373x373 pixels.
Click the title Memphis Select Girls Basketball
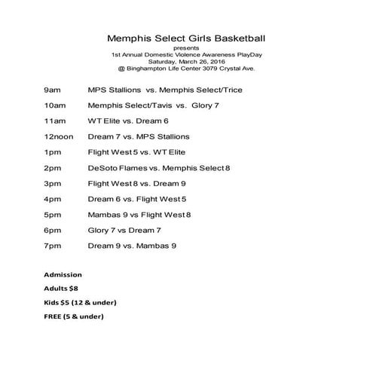click(x=185, y=37)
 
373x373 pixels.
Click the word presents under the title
click(x=186, y=47)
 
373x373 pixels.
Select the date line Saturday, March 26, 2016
click(x=186, y=62)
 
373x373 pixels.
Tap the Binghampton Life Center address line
click(x=186, y=69)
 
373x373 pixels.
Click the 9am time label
click(x=53, y=90)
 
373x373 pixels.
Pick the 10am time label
click(x=55, y=105)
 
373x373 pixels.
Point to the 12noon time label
click(x=60, y=136)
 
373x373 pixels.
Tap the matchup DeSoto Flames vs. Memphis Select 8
click(x=159, y=167)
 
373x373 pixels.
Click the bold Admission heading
click(x=63, y=274)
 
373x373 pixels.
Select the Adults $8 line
click(x=61, y=288)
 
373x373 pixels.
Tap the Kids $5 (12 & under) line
click(x=80, y=302)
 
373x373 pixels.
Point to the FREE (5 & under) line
click(x=73, y=316)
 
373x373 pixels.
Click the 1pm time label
click(x=52, y=152)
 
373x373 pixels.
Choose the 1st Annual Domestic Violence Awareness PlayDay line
click(x=186, y=54)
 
